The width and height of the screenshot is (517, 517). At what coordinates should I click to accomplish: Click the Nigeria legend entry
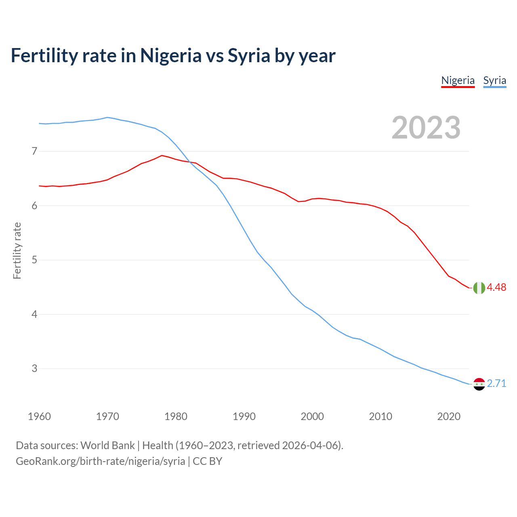tap(458, 80)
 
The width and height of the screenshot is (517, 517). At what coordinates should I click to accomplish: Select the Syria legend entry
tap(494, 80)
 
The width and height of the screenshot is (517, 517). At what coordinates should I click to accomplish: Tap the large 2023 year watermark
tap(426, 128)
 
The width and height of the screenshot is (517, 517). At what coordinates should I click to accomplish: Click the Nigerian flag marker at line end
tap(479, 288)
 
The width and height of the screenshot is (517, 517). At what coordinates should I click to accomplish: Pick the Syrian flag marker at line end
tap(479, 384)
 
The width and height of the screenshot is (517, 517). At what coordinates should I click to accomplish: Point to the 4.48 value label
tap(496, 287)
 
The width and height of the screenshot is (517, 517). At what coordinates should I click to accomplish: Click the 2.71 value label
tap(496, 383)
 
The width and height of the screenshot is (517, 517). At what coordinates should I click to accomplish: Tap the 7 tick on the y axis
tap(34, 151)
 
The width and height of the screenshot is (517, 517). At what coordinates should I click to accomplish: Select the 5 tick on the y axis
tap(34, 260)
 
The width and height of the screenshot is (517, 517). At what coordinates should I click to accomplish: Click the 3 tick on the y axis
tap(34, 369)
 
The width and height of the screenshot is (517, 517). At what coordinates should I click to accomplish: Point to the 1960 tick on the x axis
tap(39, 416)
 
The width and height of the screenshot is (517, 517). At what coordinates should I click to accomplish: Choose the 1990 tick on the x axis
tap(244, 416)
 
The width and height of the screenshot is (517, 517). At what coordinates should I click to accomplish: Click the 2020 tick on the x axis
tap(449, 416)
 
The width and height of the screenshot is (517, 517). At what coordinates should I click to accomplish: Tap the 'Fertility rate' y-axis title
tap(17, 250)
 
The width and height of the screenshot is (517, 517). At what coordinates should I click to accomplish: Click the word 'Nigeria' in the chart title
tap(170, 55)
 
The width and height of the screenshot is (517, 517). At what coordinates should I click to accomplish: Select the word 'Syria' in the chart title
tap(249, 55)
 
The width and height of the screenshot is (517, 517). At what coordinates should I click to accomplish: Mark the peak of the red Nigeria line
tap(162, 155)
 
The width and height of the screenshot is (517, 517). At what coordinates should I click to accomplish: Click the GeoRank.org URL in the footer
tap(100, 461)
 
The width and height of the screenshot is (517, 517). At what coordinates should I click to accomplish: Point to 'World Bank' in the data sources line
tap(107, 446)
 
